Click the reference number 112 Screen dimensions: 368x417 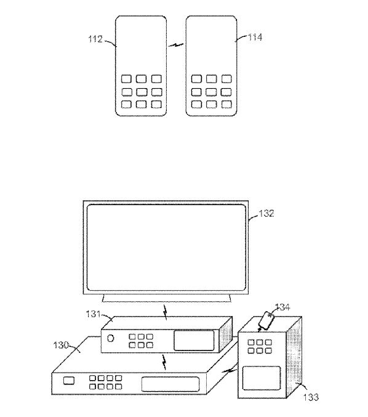coord(95,39)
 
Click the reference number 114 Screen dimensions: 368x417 coord(255,37)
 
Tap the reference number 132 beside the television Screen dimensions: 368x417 coord(266,213)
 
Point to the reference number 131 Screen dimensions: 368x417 coord(93,314)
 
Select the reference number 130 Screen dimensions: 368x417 coord(61,345)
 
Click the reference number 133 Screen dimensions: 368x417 coord(311,397)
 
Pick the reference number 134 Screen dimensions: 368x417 coord(282,307)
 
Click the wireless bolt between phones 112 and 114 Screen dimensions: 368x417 coord(176,45)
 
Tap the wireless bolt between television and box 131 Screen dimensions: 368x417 coord(166,312)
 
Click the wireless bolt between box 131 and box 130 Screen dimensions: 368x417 coord(164,362)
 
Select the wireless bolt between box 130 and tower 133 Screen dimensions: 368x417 coord(230,370)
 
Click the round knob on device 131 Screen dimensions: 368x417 coord(111,338)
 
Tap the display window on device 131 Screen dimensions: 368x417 coord(194,341)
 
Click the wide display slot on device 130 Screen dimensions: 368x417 coord(170,384)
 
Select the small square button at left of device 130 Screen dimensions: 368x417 coord(69,381)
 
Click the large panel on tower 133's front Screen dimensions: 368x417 coord(262,378)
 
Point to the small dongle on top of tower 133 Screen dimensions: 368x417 coord(267,320)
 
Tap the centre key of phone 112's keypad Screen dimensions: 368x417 coord(142,92)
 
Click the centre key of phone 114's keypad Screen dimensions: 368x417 coord(211,92)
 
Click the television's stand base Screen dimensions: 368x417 coord(167,298)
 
